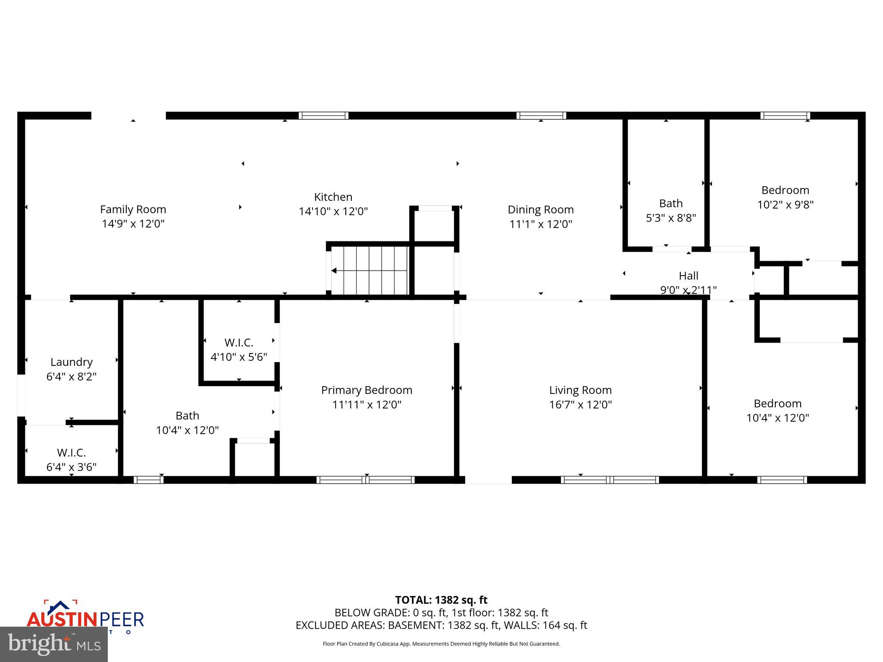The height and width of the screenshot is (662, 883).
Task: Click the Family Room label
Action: (x=133, y=209)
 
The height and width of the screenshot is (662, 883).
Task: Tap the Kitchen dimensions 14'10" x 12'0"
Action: (x=333, y=212)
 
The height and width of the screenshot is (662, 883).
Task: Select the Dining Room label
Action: (x=540, y=209)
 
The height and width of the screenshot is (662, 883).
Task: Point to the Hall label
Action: (x=688, y=275)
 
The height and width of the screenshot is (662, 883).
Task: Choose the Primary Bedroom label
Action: (x=366, y=390)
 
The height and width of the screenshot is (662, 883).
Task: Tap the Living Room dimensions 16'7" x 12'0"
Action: (x=580, y=405)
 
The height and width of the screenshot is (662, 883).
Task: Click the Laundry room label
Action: (x=72, y=362)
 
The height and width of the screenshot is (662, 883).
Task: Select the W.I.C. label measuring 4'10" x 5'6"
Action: (x=238, y=343)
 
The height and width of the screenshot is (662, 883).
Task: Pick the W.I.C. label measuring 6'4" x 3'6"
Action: (x=72, y=453)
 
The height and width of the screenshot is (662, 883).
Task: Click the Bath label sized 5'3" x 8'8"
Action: (x=670, y=203)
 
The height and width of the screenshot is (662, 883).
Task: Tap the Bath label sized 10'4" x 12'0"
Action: (x=187, y=416)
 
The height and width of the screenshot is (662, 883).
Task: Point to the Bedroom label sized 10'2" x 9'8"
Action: (x=785, y=190)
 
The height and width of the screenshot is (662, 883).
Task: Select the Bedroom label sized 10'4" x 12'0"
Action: (x=777, y=403)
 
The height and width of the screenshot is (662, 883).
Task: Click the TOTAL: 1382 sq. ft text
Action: (x=441, y=600)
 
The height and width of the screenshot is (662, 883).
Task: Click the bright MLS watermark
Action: (x=54, y=644)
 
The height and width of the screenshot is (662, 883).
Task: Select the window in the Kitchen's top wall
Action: (x=323, y=116)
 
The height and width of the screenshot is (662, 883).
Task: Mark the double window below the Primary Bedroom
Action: (x=366, y=480)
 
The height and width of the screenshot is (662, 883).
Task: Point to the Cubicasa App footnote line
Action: (x=441, y=644)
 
